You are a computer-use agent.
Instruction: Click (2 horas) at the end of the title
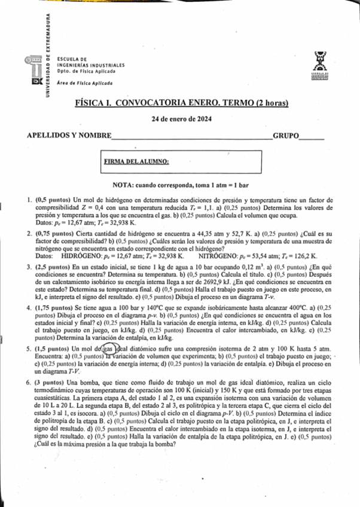pos(239,103)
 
